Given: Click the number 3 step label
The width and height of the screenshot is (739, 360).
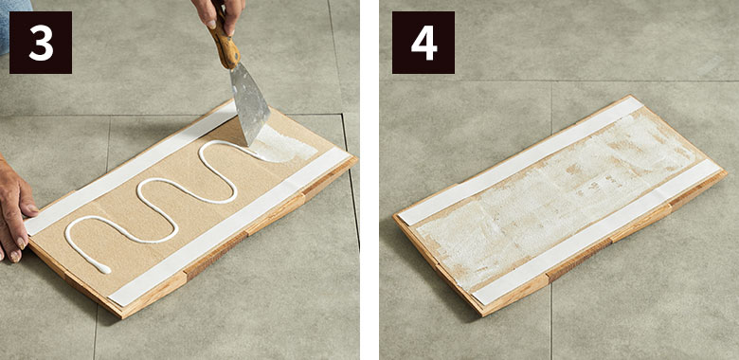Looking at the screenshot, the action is coord(41,43).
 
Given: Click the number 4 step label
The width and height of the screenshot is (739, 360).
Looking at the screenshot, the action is coord(424,43).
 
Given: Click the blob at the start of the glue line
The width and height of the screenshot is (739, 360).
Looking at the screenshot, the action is coord(102,269).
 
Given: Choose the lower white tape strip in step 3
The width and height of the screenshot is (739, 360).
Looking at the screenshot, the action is coord(231,226).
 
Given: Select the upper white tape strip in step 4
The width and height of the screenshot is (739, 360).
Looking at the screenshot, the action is coord(521,161).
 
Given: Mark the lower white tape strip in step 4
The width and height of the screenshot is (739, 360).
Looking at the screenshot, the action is coord(596,231).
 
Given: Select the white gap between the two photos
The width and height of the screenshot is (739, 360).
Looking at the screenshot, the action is coord(369,180).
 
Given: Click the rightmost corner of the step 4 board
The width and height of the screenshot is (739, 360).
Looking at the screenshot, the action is coord(727,173).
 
